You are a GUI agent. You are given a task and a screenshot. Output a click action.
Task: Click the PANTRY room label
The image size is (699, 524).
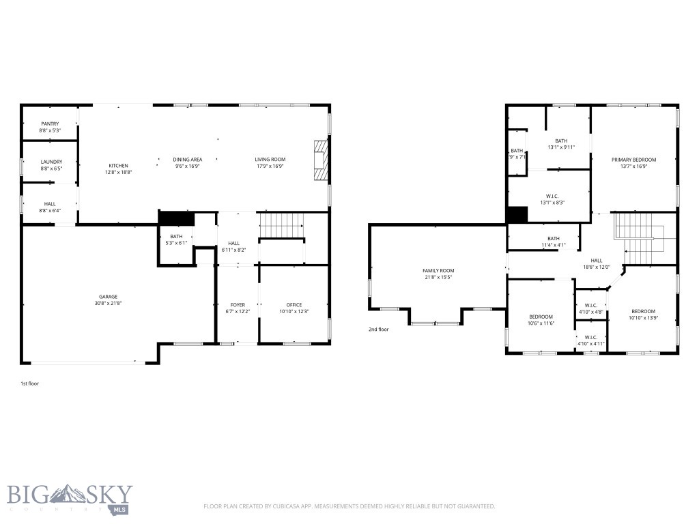tap(50, 123)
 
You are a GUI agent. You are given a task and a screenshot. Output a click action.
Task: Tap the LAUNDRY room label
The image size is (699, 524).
tap(51, 162)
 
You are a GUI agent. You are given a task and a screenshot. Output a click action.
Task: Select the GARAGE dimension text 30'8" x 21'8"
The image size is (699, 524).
tap(108, 303)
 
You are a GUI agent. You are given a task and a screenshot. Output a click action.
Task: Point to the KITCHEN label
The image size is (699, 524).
tap(118, 166)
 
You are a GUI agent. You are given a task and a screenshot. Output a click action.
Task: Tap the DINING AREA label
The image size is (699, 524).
tap(187, 159)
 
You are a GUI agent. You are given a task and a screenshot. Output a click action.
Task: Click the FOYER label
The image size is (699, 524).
tap(238, 305)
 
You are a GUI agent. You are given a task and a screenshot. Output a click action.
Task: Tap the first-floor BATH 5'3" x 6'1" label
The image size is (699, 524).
tap(177, 236)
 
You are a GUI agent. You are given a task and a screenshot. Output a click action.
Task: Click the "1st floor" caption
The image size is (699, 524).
tap(30, 383)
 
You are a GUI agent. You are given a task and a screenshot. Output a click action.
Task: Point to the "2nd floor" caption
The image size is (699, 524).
tap(378, 329)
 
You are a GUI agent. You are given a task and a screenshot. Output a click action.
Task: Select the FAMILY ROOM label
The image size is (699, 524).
tap(438, 271)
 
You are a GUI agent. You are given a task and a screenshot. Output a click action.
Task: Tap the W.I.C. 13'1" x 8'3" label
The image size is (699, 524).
tap(552, 196)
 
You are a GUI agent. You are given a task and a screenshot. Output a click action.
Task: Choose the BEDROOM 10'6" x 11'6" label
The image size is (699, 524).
tap(541, 317)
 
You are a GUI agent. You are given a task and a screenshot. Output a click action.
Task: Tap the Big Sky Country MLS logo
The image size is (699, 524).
tap(70, 498)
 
